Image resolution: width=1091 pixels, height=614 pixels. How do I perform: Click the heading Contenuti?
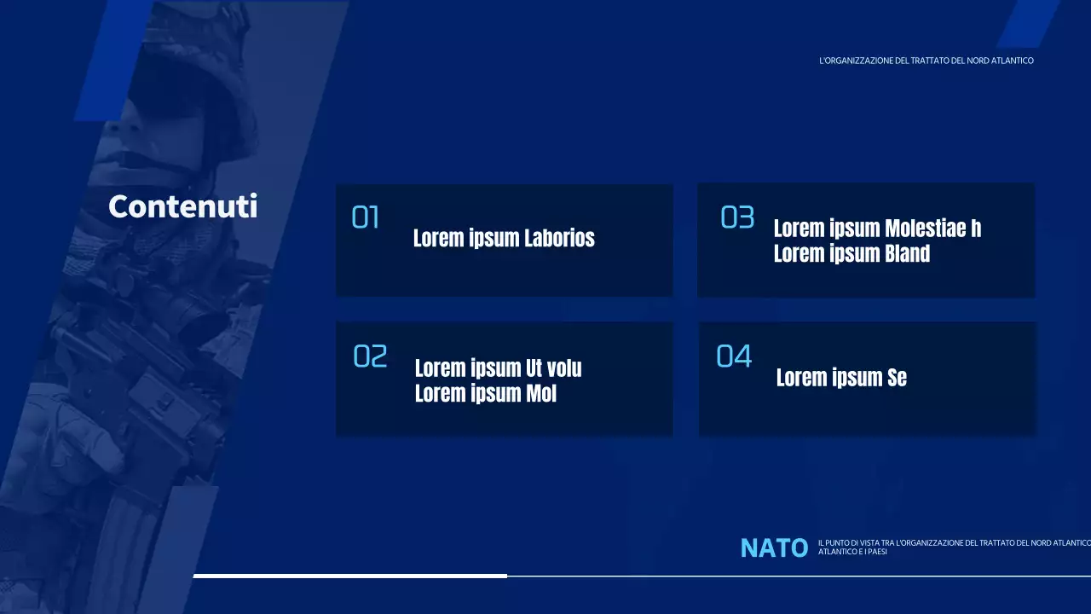pos(182,206)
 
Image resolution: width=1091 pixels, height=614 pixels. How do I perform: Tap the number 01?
pos(366,218)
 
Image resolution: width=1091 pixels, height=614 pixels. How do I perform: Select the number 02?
pos(370,356)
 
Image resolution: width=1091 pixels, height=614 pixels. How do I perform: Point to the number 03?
pos(737,218)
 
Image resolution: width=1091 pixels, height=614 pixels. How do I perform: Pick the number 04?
pos(734,356)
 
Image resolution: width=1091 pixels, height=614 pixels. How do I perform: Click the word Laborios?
pos(559,238)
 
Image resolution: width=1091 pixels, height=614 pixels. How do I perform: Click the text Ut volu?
pos(553,368)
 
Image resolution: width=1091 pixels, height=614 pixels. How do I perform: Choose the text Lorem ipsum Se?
pos(841,378)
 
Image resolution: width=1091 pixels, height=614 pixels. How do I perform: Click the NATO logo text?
pos(774,548)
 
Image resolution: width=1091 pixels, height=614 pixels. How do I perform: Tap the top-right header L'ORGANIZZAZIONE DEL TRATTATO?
pos(886,61)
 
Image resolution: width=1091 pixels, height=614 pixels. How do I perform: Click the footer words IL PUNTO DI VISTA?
pos(849,543)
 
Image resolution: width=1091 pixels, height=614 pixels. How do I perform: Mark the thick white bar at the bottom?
pos(349,576)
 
